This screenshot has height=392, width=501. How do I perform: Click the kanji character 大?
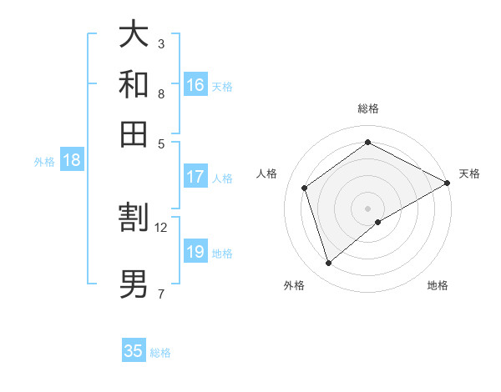click(134, 34)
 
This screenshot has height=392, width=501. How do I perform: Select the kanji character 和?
click(134, 84)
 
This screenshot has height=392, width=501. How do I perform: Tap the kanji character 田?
click(134, 133)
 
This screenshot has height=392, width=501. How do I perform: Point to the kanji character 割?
click(134, 219)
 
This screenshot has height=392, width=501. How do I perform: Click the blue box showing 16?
click(195, 85)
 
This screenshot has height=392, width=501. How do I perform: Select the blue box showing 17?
click(195, 177)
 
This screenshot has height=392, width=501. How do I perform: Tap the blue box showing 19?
click(195, 252)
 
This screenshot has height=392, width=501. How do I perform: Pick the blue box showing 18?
click(71, 160)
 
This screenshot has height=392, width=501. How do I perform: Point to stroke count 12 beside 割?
click(161, 227)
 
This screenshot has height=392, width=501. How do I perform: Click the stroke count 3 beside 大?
click(160, 43)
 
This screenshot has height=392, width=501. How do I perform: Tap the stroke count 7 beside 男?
click(160, 294)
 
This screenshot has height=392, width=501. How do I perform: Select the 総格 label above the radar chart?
click(367, 108)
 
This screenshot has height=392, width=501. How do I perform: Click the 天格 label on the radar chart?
click(469, 173)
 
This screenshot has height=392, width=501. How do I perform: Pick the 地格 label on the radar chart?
click(438, 285)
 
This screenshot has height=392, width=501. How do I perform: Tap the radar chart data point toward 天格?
click(448, 183)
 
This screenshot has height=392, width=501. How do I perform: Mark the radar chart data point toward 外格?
click(328, 264)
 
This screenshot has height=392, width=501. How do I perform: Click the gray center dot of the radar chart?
click(367, 208)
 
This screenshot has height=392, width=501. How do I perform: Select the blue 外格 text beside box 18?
click(43, 162)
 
